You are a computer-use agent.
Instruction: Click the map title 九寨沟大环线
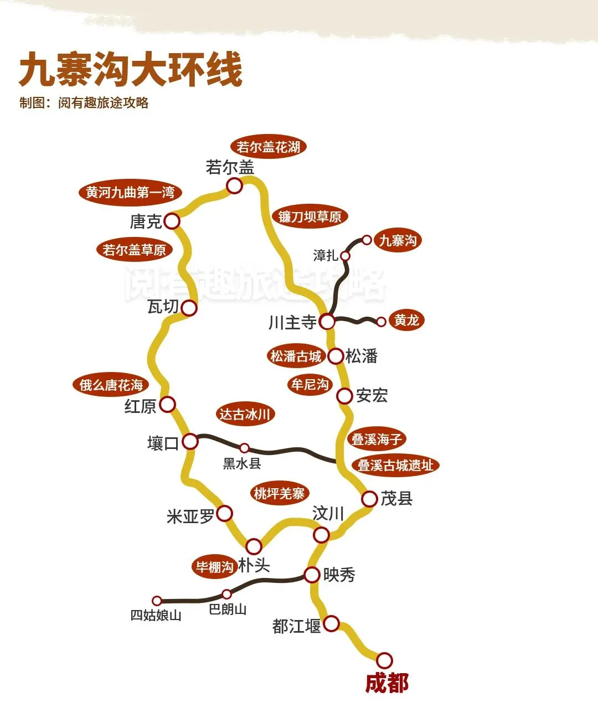[x=131, y=70]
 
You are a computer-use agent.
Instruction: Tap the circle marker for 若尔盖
[x=235, y=186]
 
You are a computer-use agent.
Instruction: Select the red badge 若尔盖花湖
[x=268, y=147]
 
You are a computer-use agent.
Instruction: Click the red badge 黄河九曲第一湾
[x=130, y=193]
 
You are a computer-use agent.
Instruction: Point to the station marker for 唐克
[x=172, y=221]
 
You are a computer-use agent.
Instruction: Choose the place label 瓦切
[x=163, y=306]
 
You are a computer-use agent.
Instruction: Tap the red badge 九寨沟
[x=398, y=240]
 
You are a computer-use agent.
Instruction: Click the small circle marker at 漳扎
[x=345, y=256]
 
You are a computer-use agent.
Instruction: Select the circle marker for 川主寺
[x=327, y=321]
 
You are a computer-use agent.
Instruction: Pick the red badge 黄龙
[x=406, y=321]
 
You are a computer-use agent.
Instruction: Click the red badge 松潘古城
[x=296, y=356]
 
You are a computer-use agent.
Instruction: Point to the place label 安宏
[x=372, y=395]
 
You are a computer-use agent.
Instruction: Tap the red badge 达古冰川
[x=244, y=414]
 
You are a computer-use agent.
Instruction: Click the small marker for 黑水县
[x=244, y=448]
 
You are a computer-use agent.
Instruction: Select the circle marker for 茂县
[x=369, y=499]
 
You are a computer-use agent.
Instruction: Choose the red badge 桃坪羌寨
[x=279, y=493]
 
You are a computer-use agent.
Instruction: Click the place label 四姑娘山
[x=156, y=615]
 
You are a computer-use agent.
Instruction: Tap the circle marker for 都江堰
[x=331, y=623]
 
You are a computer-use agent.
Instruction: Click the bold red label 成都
[x=386, y=683]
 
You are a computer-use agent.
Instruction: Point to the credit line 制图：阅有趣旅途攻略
[x=84, y=103]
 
